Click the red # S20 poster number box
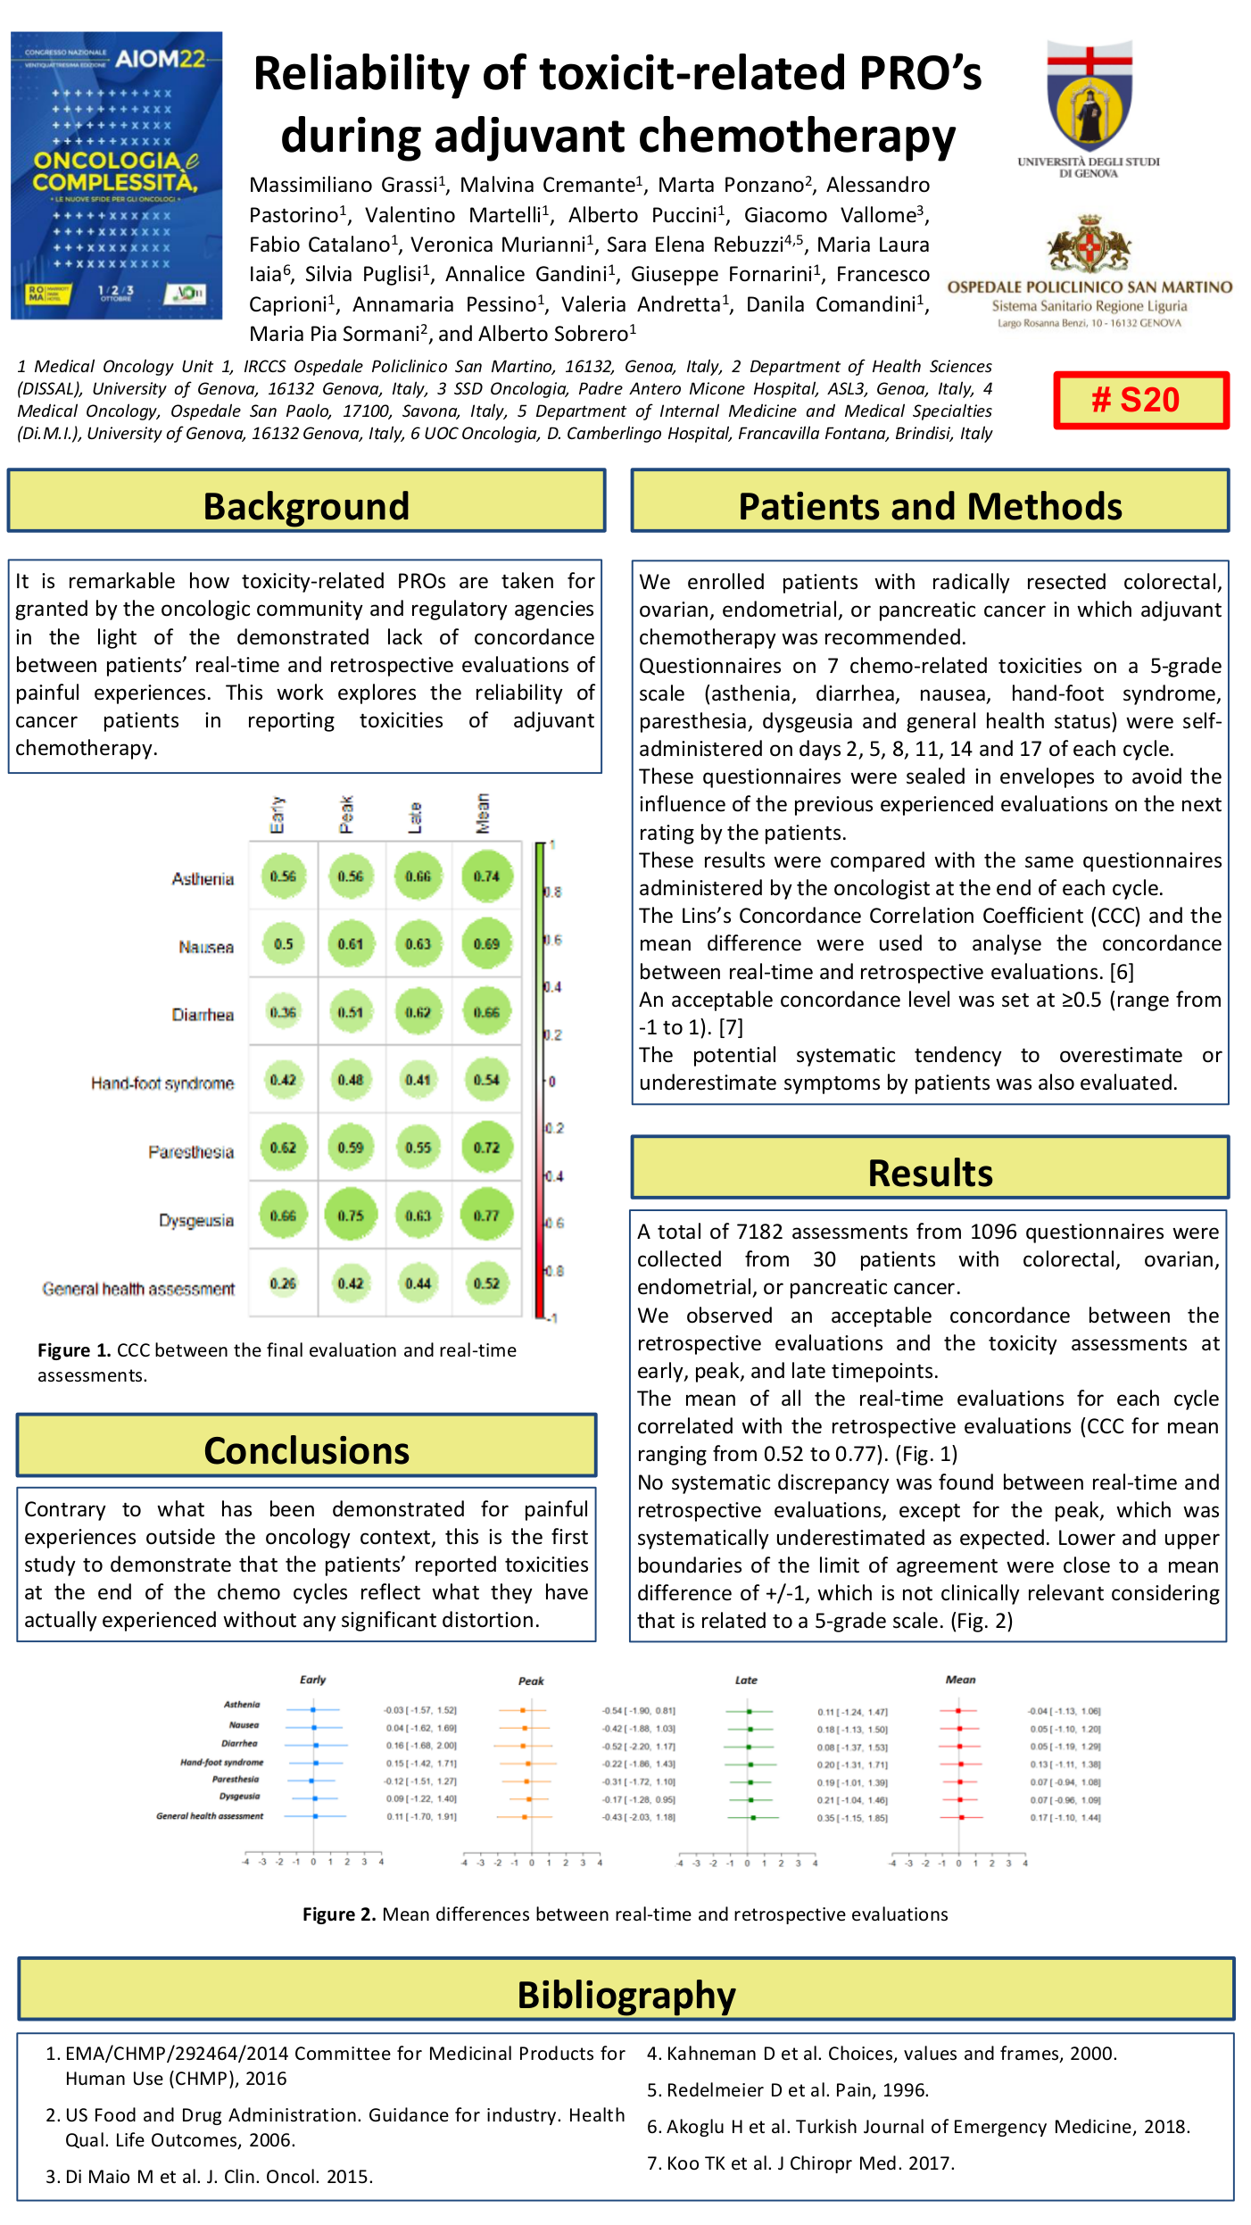pos(1140,400)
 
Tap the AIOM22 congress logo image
pos(116,175)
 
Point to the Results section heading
pos(930,1172)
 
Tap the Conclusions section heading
pos(306,1450)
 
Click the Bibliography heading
pos(626,1995)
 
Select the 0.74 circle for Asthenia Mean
pos(486,876)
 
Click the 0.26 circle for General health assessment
pos(283,1283)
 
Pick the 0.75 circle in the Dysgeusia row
pos(351,1216)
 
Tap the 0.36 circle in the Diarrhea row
pos(283,1012)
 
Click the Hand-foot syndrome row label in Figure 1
pos(162,1083)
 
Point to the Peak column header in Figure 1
pos(346,814)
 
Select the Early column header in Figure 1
pos(278,814)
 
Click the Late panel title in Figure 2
pos(746,1680)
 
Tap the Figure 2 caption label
pos(339,1914)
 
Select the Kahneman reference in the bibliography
pos(882,2054)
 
